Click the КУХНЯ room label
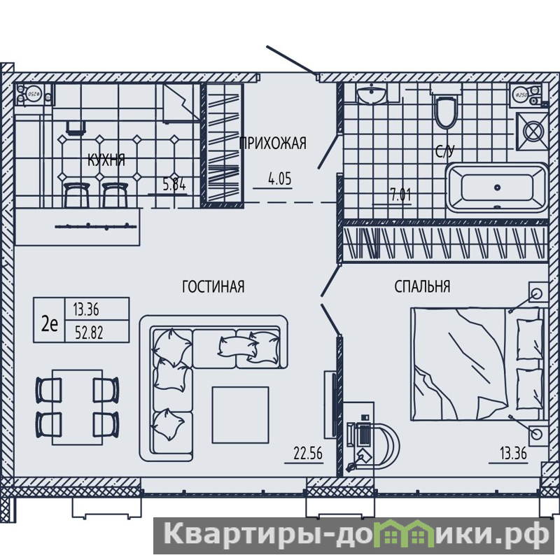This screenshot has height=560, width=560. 106,160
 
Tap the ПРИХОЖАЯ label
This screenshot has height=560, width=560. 272,143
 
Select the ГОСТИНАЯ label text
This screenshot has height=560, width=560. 213,286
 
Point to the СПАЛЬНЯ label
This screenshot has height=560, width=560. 422,286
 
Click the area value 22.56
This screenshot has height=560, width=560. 308,454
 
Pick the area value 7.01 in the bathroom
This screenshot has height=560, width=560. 400,195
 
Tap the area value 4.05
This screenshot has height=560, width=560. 279,178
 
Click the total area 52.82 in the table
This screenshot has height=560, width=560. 89,332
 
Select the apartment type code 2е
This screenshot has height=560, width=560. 50,324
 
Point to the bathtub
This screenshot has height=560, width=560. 497,188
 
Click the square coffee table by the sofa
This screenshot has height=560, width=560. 240,414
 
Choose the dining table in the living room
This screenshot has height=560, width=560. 77,407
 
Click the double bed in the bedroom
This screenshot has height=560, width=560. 478,364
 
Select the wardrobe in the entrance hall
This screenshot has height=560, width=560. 222,145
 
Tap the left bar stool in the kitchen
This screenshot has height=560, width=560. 76,195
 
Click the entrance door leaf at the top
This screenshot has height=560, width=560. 291,60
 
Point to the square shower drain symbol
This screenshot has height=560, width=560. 533,131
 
